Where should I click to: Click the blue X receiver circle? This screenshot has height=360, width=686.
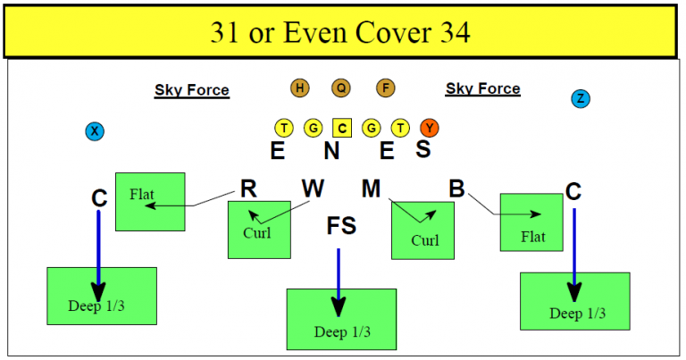point(95,132)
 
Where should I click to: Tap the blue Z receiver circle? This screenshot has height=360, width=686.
point(581,98)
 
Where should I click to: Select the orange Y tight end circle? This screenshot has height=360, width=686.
point(430,128)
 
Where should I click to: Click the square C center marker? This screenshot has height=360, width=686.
point(342,128)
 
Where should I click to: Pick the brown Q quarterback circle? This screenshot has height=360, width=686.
point(341,88)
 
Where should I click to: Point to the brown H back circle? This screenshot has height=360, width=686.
point(299,88)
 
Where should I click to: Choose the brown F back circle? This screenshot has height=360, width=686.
point(385,88)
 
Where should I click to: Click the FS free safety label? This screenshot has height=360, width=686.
point(341,226)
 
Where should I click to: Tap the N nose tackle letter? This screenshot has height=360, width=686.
point(331,151)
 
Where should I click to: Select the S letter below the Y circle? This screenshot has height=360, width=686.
point(423,150)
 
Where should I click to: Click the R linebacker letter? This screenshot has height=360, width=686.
point(249,189)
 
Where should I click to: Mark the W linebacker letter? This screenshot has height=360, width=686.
point(313,189)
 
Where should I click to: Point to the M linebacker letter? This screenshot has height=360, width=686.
point(372,189)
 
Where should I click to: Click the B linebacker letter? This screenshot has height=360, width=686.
point(456,189)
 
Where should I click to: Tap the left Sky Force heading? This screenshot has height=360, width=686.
point(192,90)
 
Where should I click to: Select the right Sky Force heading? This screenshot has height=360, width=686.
point(482,89)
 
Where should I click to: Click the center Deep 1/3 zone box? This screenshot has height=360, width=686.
point(341,319)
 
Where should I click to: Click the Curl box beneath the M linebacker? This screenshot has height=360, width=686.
point(422,230)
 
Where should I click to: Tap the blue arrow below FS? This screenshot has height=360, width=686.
point(339,281)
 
